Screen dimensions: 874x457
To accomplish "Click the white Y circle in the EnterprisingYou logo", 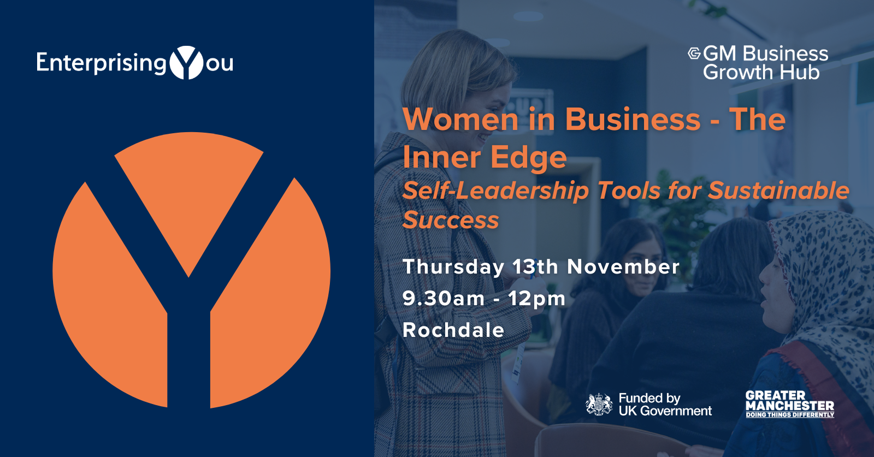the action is pyautogui.click(x=186, y=63).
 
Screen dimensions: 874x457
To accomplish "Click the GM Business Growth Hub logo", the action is pyautogui.click(x=758, y=63).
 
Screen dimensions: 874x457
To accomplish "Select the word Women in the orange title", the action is pyautogui.click(x=461, y=120).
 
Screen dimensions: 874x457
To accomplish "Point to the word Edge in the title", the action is pyautogui.click(x=528, y=158).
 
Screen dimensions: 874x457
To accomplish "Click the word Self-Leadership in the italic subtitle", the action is pyautogui.click(x=495, y=191).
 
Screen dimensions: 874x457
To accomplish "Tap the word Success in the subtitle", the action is pyautogui.click(x=451, y=220).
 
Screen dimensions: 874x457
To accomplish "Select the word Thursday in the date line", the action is pyautogui.click(x=453, y=268).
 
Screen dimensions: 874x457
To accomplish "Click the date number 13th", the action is pyautogui.click(x=535, y=266).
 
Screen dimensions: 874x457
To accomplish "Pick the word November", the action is pyautogui.click(x=623, y=266).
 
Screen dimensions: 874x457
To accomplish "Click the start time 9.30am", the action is pyautogui.click(x=444, y=299).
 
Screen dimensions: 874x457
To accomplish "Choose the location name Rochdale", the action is pyautogui.click(x=453, y=330).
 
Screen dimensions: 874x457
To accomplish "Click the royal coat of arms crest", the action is pyautogui.click(x=599, y=405).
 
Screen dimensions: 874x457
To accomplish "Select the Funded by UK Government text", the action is pyautogui.click(x=665, y=405).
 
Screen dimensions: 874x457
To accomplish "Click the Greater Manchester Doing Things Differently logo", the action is pyautogui.click(x=790, y=404).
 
